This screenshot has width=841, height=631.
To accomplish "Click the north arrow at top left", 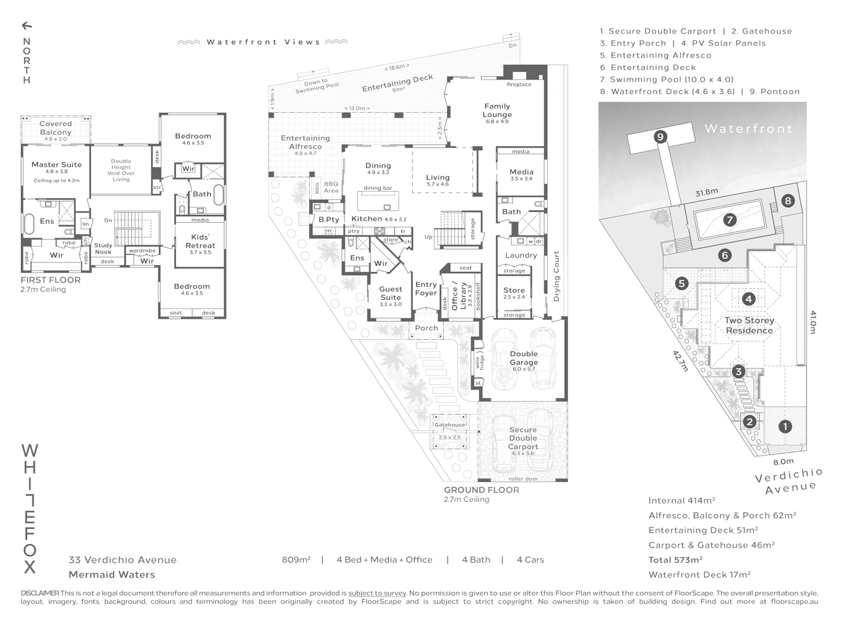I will (26, 26).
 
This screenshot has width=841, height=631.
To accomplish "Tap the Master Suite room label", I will (57, 165).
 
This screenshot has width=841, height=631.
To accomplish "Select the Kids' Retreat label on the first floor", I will (200, 241).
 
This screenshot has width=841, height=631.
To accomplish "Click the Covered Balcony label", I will (55, 127).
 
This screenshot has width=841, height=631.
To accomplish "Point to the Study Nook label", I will (103, 249).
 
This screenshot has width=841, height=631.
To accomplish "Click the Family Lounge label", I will (497, 110).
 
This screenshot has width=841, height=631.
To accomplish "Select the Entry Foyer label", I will (426, 289).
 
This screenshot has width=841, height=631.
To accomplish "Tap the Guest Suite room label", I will (390, 293).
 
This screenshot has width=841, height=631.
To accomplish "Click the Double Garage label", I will (523, 358).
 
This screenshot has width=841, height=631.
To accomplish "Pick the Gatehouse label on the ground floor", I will (449, 425).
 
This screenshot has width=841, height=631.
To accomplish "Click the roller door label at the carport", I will (523, 479).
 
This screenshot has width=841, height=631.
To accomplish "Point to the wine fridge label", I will (478, 362).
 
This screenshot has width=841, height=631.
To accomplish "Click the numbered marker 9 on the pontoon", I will (660, 137).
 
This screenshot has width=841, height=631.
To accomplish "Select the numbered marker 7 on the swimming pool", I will (729, 220).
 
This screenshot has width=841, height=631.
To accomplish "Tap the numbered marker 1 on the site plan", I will (785, 427).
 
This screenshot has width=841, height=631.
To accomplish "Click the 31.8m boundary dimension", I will (706, 192).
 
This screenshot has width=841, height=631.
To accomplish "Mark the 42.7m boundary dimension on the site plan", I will (680, 361).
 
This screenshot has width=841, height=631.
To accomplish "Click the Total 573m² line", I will (675, 560).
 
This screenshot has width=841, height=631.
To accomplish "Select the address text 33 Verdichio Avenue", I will (123, 560).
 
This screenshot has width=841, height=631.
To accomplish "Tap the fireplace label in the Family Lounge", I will (519, 85).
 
